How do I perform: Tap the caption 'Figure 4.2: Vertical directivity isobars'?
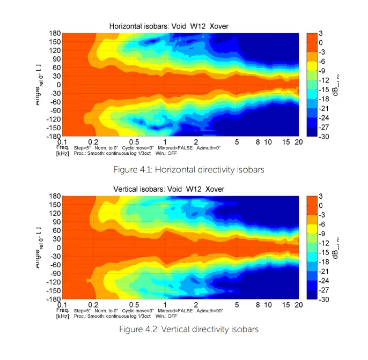pyautogui.click(x=189, y=329)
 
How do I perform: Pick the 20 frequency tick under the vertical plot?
pyautogui.click(x=299, y=305)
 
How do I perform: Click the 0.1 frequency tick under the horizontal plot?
pyautogui.click(x=62, y=142)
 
